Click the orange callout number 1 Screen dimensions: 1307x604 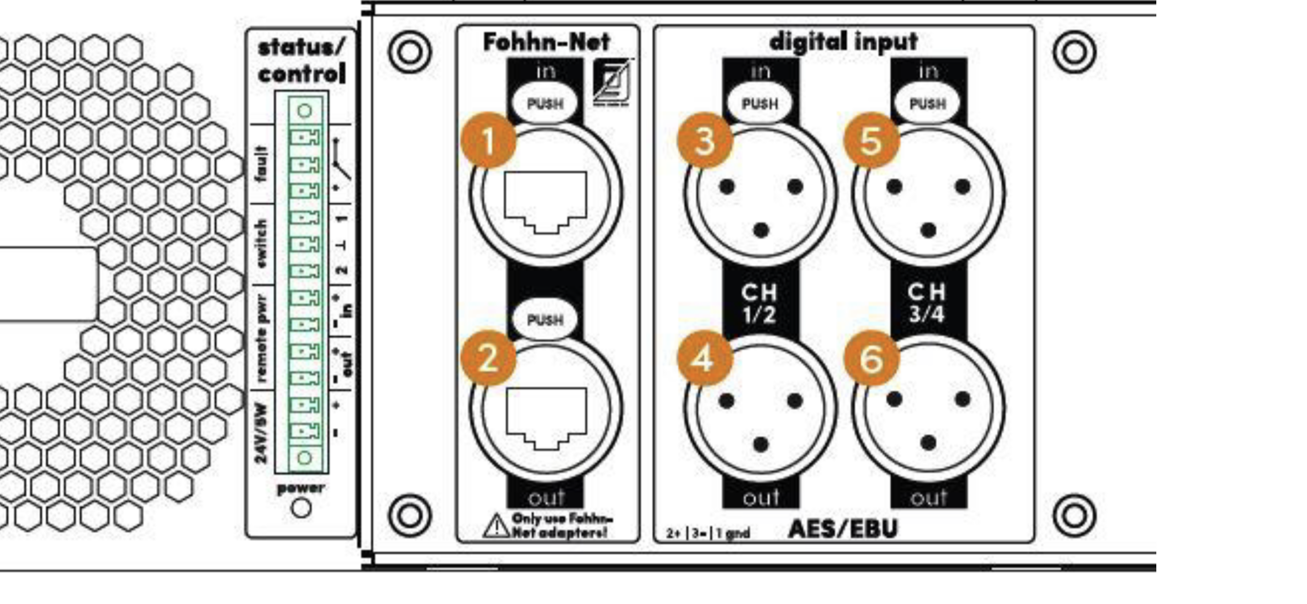pos(488,141)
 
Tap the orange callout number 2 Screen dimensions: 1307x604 pos(488,359)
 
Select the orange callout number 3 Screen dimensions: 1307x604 pos(704,141)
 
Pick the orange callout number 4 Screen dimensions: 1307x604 pos(704,359)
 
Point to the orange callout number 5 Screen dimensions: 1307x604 pos(871,141)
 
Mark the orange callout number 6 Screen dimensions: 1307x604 pos(871,359)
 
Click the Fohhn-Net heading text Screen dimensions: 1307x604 pos(546,42)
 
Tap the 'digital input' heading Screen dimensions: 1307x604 pos(843,42)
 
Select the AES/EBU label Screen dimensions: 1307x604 pos(842,529)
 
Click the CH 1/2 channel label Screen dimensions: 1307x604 pos(759,304)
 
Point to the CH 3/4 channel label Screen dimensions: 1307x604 pos(927,304)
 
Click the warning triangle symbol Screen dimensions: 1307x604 pos(496,526)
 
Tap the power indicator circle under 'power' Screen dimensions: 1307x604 pos(301,508)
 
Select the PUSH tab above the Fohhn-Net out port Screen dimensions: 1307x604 pos(545,320)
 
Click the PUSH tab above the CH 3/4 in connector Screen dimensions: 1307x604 pos(928,103)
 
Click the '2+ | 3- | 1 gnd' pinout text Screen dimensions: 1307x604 pos(708,534)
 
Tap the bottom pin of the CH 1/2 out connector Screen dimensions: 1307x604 pos(760,445)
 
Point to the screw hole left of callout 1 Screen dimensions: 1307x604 pos(410,52)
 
